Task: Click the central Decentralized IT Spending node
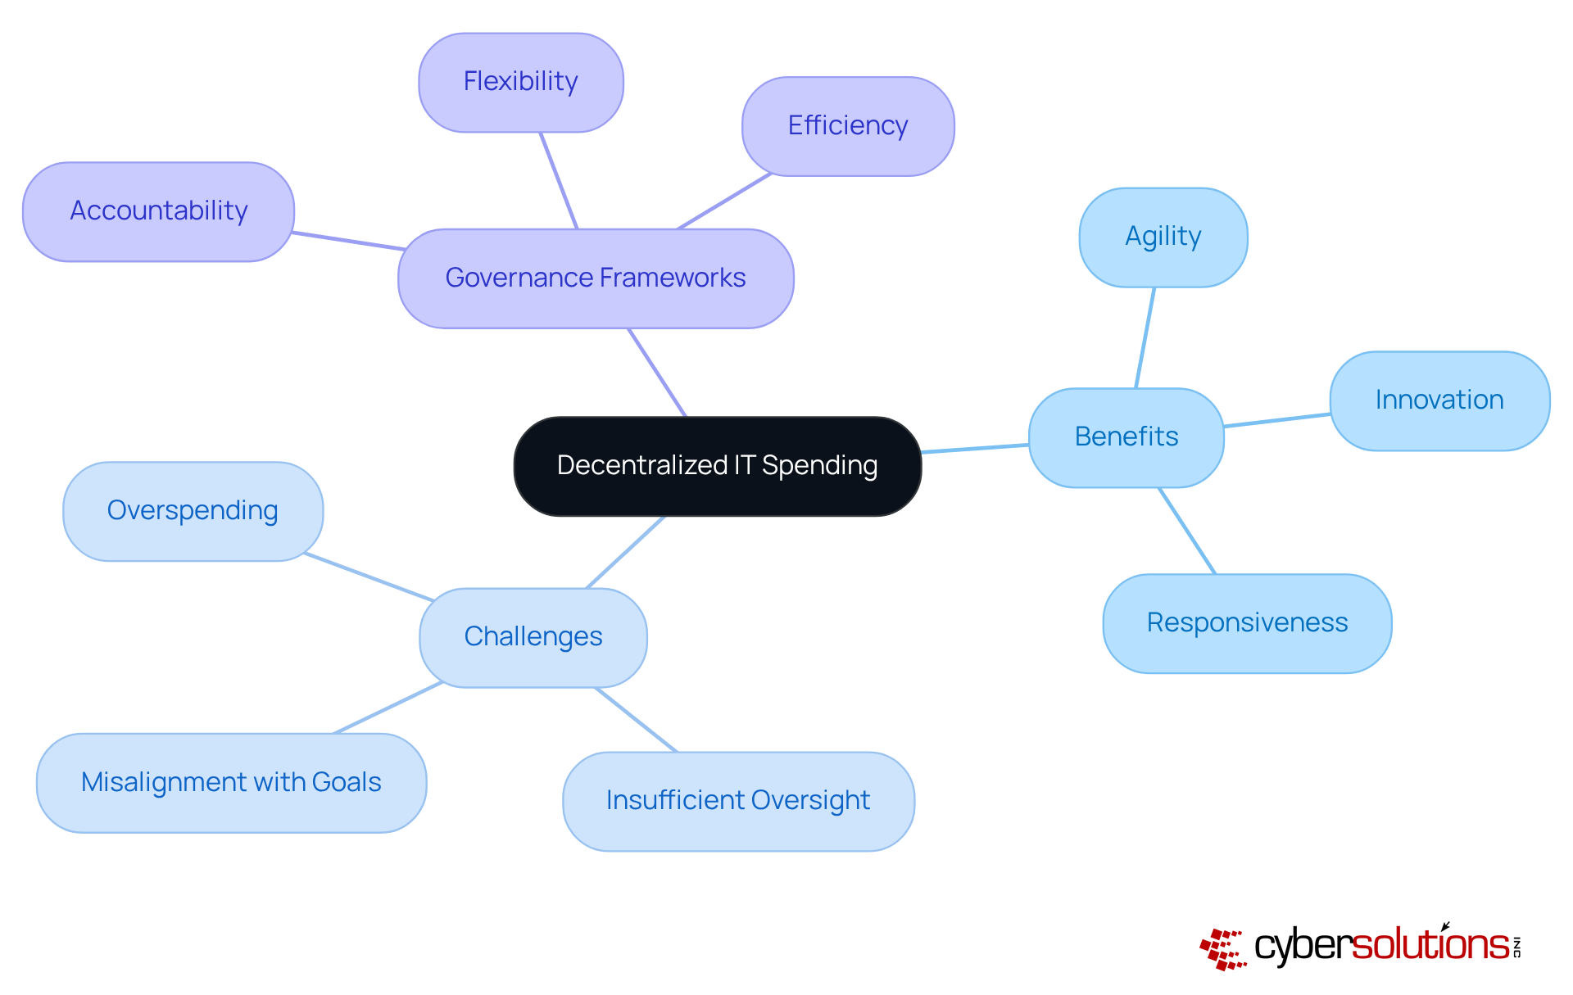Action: (717, 466)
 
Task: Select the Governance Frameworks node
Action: (596, 278)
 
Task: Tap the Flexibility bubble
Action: (520, 82)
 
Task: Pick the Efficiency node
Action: (847, 126)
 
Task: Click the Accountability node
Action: (158, 211)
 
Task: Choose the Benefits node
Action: (1126, 437)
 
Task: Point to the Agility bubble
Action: (1163, 237)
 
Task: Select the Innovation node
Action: (1439, 400)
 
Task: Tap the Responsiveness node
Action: (1246, 623)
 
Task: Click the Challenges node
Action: (533, 637)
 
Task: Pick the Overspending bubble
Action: (193, 511)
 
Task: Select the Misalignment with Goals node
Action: (231, 783)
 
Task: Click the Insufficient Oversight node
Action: (737, 801)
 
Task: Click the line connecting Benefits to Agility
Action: (1145, 337)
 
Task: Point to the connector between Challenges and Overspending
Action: (369, 577)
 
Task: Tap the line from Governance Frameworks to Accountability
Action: (348, 241)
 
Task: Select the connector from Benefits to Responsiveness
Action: (1187, 531)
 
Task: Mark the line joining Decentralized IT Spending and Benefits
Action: (975, 449)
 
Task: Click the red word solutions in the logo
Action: (1430, 946)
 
